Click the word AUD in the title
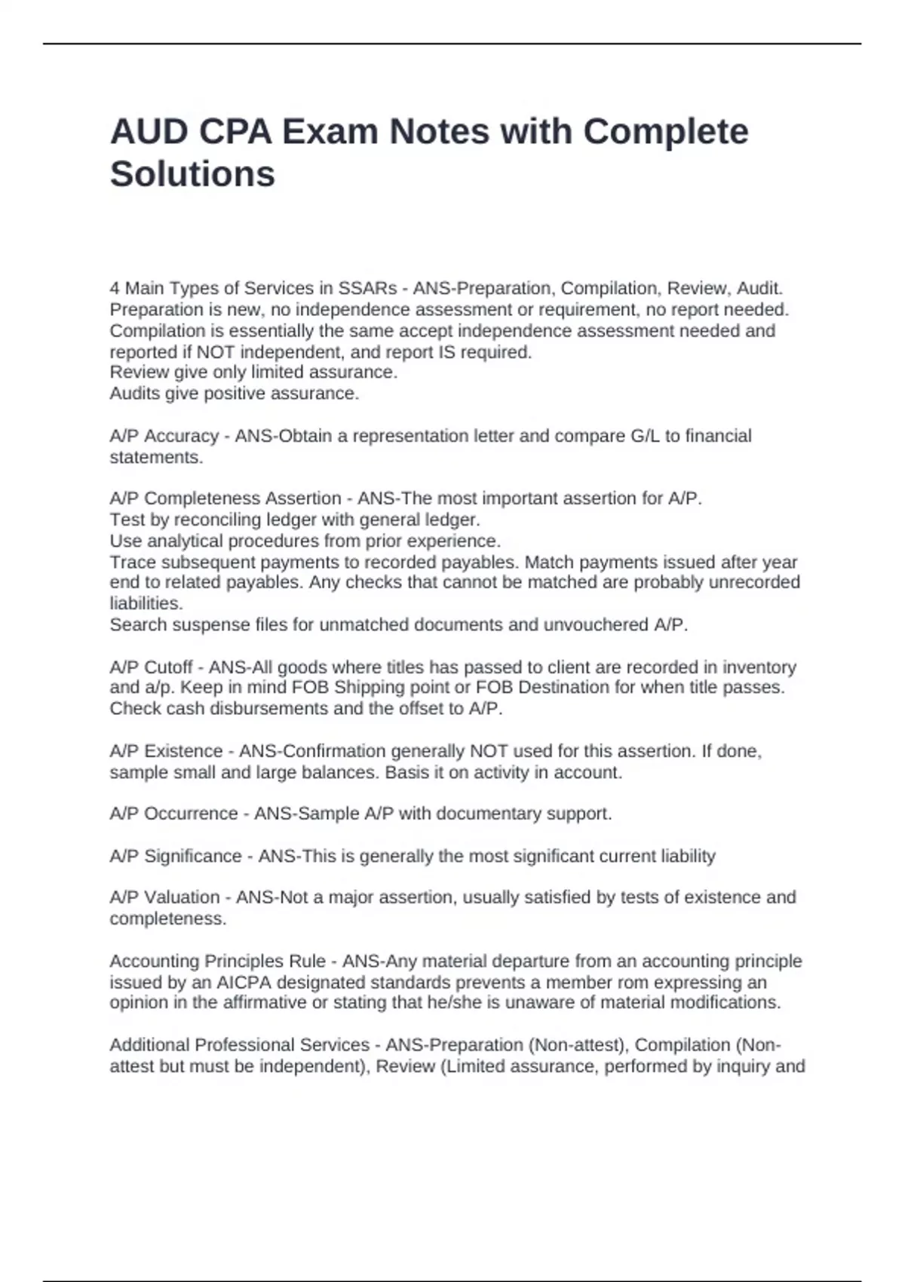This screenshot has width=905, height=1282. [149, 131]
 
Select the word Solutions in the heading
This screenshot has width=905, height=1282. [192, 174]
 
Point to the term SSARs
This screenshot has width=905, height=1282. [367, 288]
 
